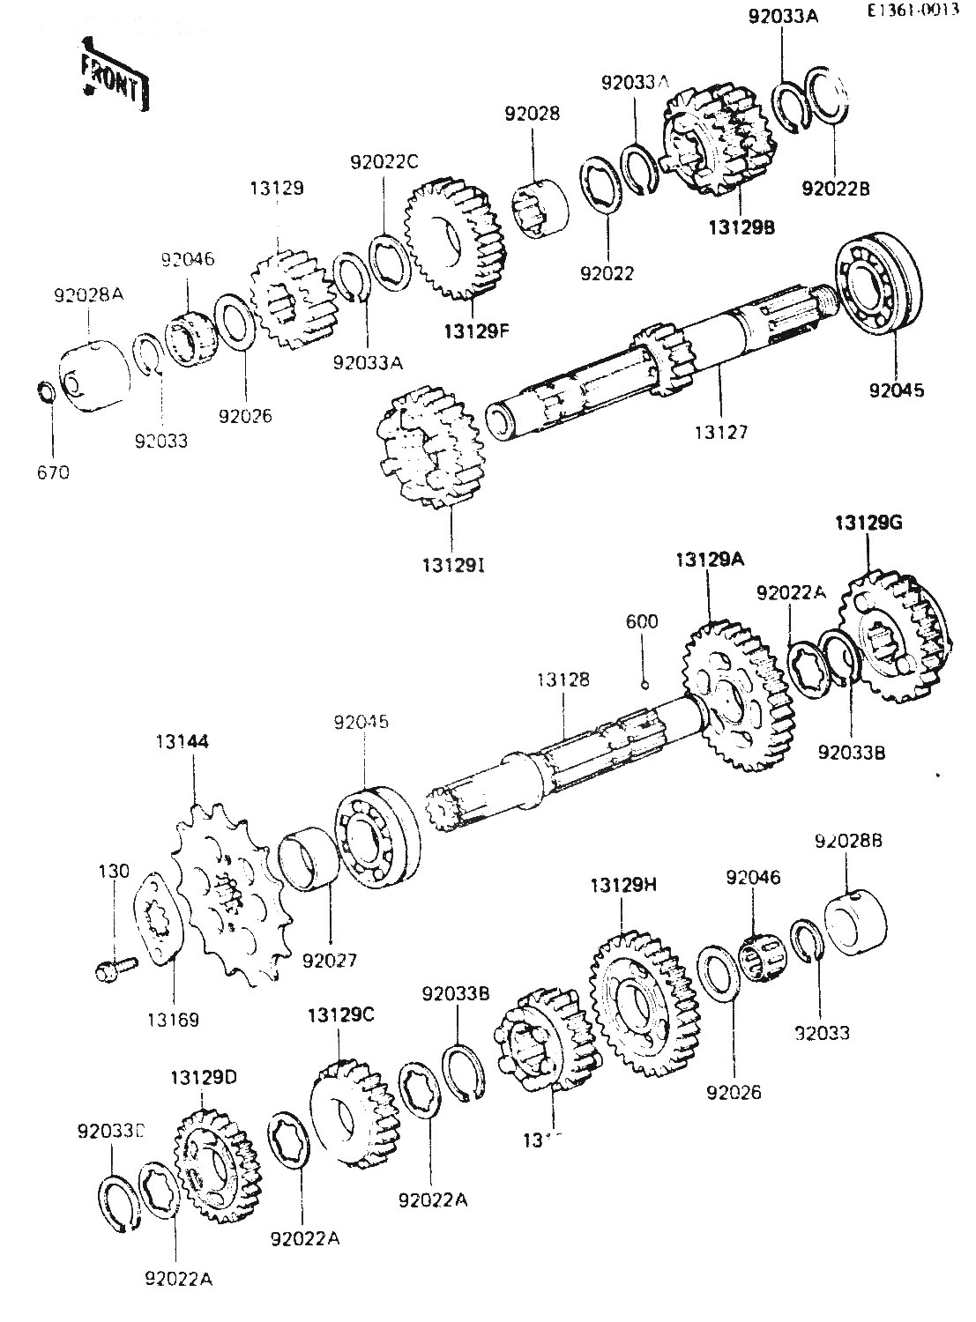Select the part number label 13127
click(x=721, y=432)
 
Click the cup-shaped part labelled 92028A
click(x=93, y=374)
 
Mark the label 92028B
click(x=847, y=841)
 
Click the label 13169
click(x=173, y=1020)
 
